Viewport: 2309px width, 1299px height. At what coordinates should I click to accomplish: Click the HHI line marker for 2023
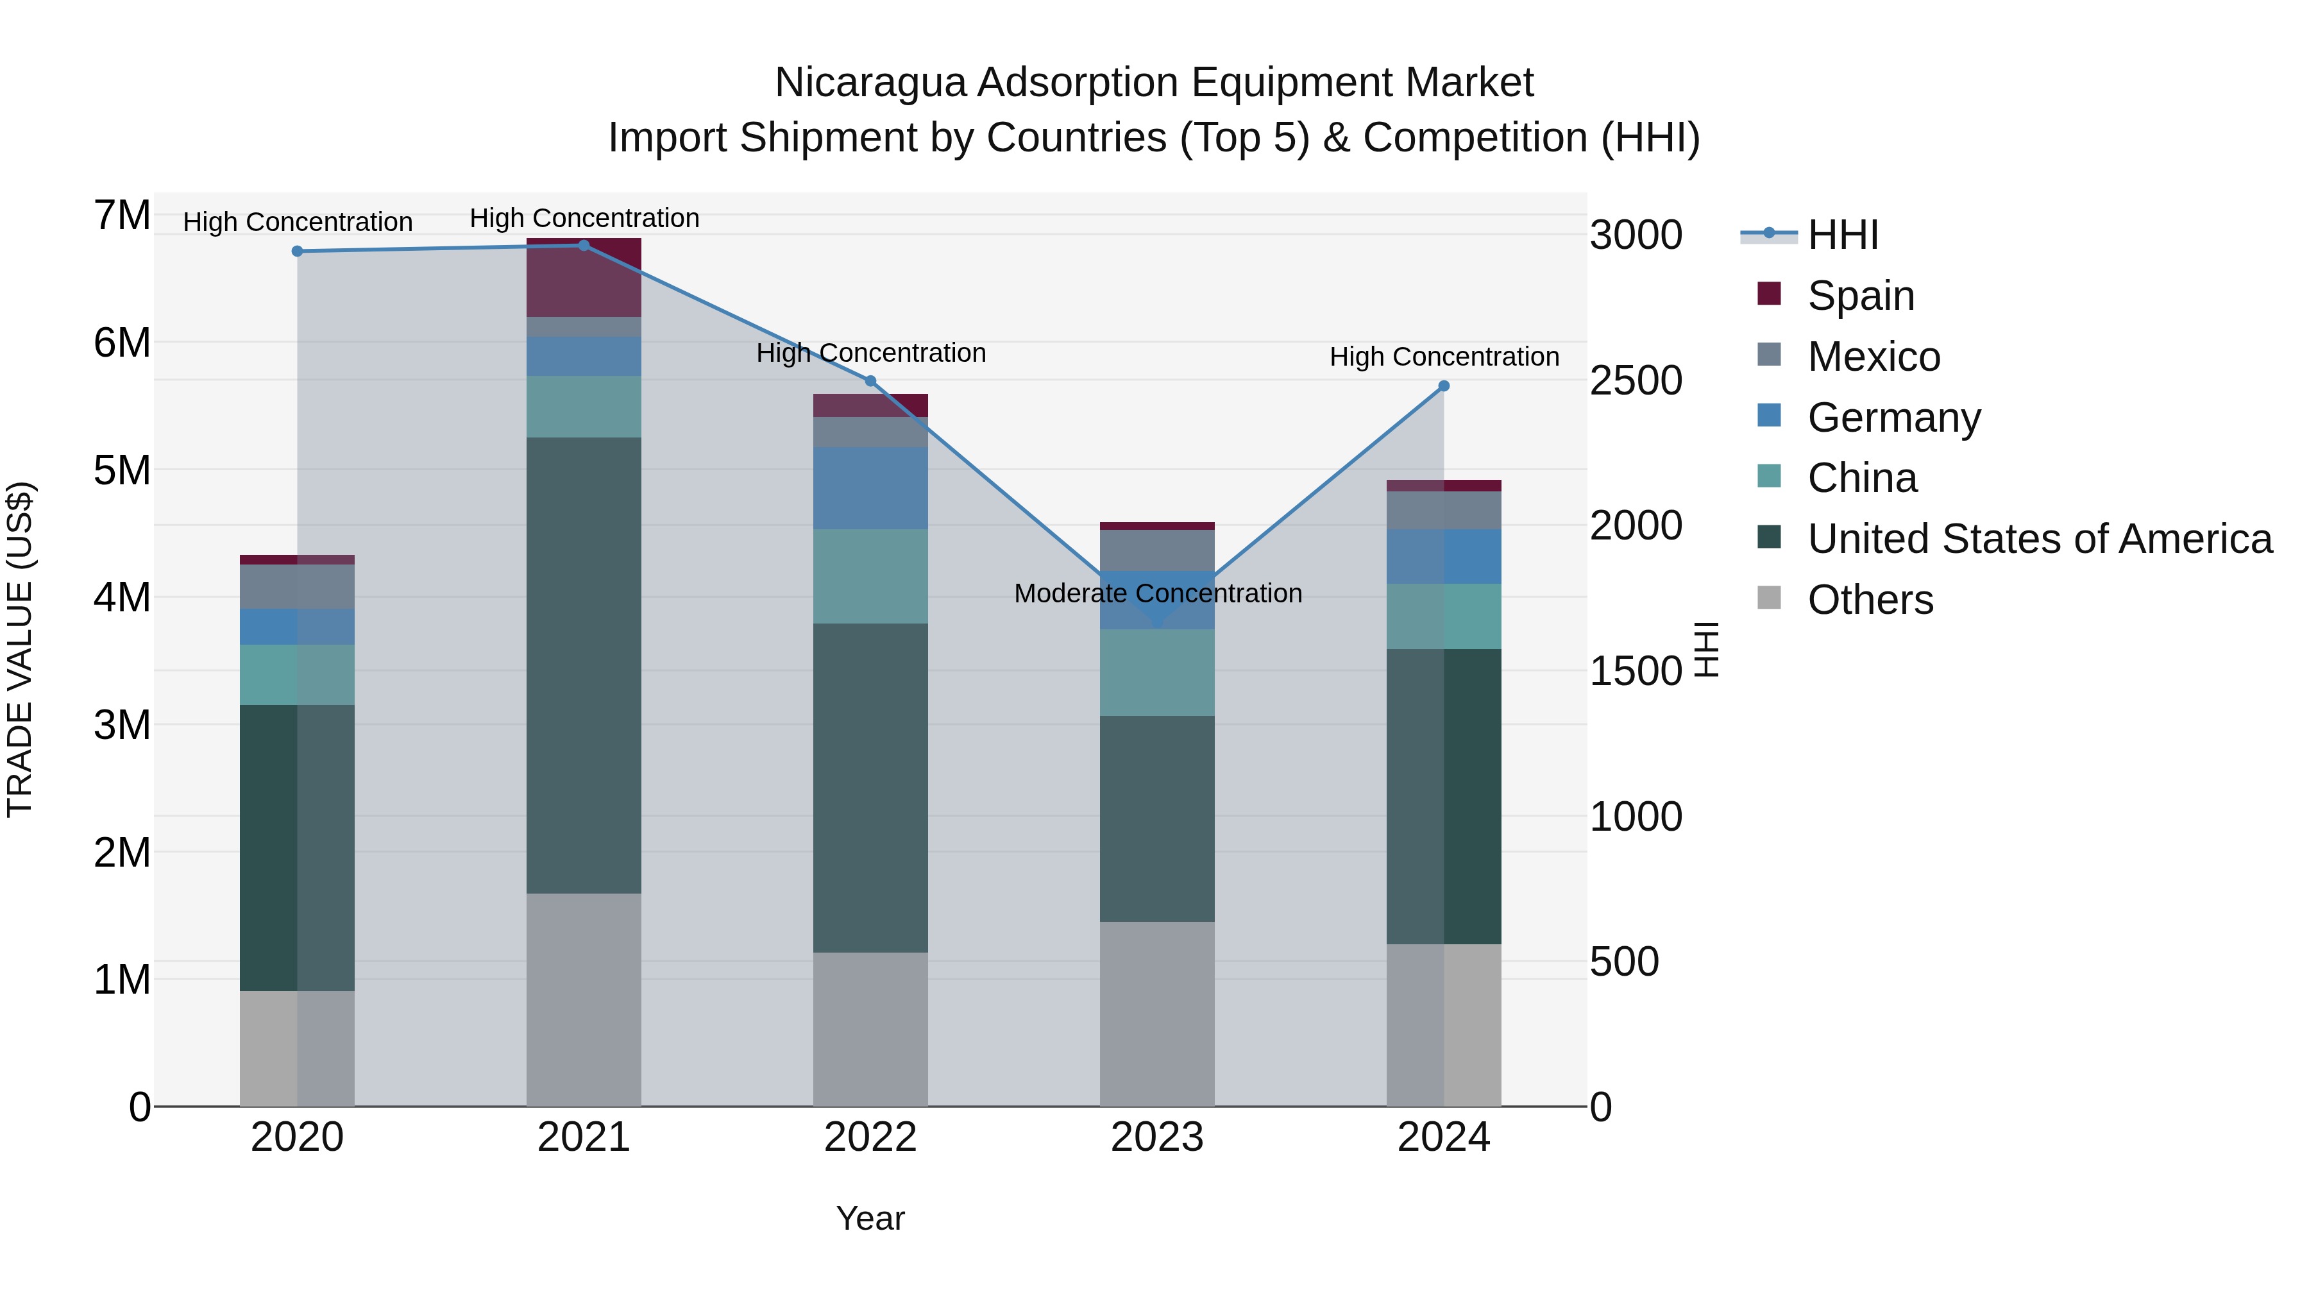point(1157,621)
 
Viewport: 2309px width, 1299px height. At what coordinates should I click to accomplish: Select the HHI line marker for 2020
point(298,251)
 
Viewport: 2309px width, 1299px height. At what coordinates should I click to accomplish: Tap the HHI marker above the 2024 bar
point(1443,386)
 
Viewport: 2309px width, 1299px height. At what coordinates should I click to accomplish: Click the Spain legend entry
point(1860,296)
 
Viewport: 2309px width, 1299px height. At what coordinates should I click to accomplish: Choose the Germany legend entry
point(1893,418)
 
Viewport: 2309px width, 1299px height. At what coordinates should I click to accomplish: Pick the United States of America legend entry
point(2039,539)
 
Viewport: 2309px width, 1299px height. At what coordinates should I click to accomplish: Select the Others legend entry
point(1870,600)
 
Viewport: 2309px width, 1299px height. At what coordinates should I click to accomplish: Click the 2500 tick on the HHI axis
point(1635,381)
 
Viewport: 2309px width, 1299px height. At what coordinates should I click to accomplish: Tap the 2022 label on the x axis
point(870,1137)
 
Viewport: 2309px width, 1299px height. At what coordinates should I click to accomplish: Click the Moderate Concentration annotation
point(1157,593)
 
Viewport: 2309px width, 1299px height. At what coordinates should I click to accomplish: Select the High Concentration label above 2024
point(1443,357)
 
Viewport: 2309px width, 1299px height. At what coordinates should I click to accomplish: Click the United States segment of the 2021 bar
point(584,665)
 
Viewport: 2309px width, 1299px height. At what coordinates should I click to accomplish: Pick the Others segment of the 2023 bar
point(1156,1013)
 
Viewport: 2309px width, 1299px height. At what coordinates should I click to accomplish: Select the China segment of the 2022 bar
point(870,577)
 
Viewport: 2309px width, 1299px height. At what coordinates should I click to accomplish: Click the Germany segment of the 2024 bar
point(1443,557)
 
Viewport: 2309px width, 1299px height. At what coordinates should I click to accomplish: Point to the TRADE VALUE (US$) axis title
point(20,649)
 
